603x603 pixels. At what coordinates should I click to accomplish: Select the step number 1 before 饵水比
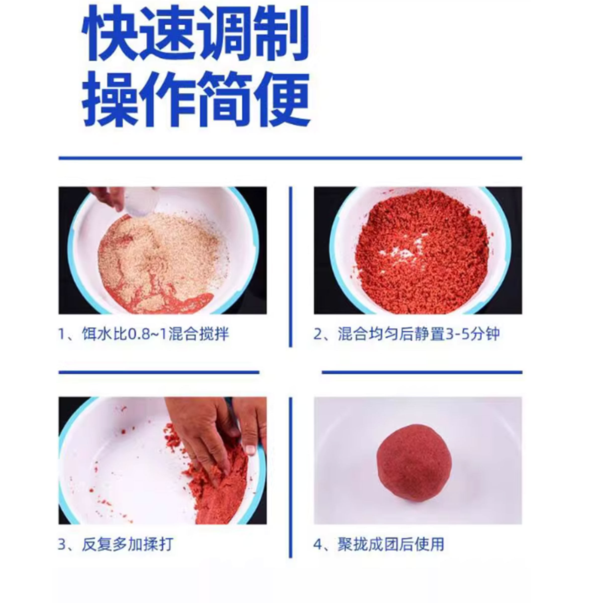pos(62,334)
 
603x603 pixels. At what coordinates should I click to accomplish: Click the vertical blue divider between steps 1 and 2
pos(291,267)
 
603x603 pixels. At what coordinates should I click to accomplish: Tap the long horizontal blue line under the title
pos(290,158)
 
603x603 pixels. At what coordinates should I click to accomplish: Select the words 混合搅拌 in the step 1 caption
pos(198,334)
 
